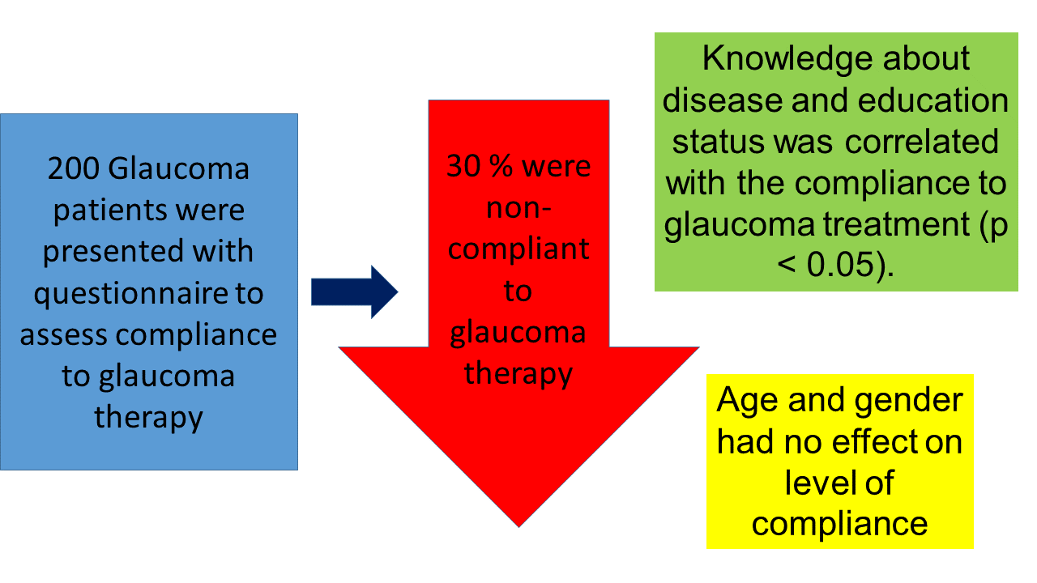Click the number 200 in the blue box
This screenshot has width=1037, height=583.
point(74,168)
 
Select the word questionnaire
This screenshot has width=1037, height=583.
point(130,294)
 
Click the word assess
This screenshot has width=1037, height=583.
point(63,336)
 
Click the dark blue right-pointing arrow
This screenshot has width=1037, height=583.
point(355,292)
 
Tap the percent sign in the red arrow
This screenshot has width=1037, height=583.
point(501,166)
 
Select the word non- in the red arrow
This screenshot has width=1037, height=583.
point(518,208)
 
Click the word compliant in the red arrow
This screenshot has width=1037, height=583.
point(518,251)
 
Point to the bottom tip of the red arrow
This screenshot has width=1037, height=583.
point(519,527)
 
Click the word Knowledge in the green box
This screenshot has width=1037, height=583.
point(786,60)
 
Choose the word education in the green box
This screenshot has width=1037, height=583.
point(932,100)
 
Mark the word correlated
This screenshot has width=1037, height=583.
point(922,142)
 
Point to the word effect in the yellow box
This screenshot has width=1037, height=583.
point(874,442)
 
